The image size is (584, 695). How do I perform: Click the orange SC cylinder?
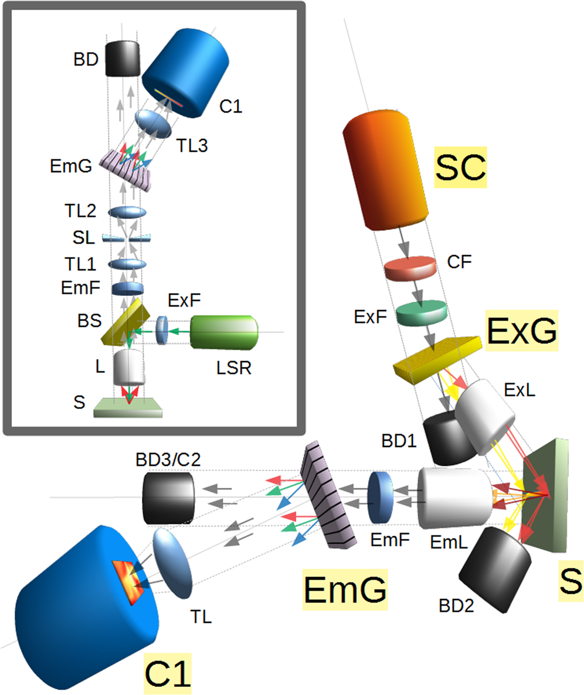pyautogui.click(x=385, y=171)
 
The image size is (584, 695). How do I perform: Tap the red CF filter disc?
pyautogui.click(x=410, y=268)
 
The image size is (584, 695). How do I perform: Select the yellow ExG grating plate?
pyautogui.click(x=437, y=360)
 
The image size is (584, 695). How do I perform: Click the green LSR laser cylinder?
pyautogui.click(x=224, y=332)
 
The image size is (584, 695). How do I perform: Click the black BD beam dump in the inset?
pyautogui.click(x=123, y=59)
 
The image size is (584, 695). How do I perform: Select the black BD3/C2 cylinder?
pyautogui.click(x=168, y=498)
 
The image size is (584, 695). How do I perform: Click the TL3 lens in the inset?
pyautogui.click(x=152, y=124)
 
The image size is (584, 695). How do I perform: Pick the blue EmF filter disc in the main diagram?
pyautogui.click(x=381, y=497)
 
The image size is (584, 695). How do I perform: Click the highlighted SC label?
pyautogui.click(x=460, y=167)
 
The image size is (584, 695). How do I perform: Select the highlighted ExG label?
pyautogui.click(x=521, y=331)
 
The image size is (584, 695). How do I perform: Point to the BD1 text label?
pyautogui.click(x=399, y=441)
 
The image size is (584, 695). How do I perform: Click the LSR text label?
pyautogui.click(x=234, y=368)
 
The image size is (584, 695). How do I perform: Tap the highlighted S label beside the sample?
pyautogui.click(x=571, y=581)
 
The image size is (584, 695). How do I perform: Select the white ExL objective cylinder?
pyautogui.click(x=485, y=417)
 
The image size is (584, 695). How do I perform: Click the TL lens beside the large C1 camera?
pyautogui.click(x=172, y=563)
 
